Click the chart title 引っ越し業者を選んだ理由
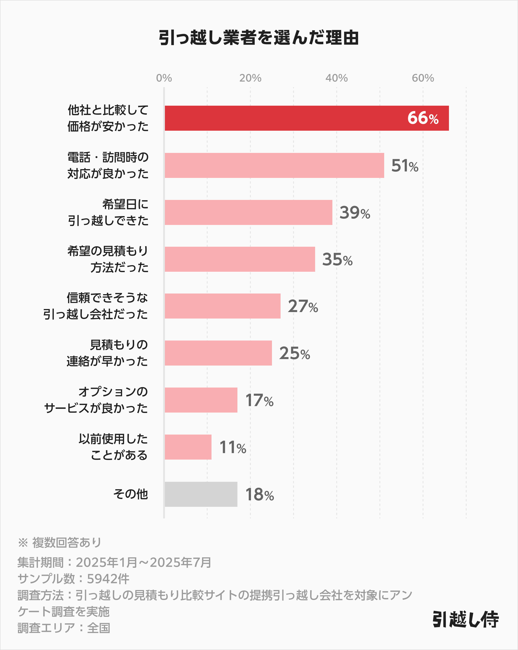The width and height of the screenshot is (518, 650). click(x=259, y=38)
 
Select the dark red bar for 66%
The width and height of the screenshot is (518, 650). click(x=287, y=118)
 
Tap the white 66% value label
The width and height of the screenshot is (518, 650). click(x=423, y=118)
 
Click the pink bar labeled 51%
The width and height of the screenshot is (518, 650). click(x=274, y=165)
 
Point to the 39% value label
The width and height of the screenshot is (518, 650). click(x=354, y=213)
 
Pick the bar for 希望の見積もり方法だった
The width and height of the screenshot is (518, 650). click(x=240, y=259)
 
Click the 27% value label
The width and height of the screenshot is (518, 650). click(x=303, y=306)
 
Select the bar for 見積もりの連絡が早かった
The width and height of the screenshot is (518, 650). click(x=218, y=353)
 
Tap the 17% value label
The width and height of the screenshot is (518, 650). click(x=259, y=400)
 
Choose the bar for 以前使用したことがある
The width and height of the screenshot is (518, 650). click(x=188, y=447)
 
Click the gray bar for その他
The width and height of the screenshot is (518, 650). click(x=201, y=494)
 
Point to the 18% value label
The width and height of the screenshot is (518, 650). click(x=259, y=495)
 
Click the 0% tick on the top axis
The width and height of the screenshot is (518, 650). click(x=164, y=78)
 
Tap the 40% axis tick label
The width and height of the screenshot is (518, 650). click(x=336, y=78)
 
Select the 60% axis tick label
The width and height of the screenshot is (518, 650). click(x=423, y=78)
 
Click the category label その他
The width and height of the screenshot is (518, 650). click(x=130, y=494)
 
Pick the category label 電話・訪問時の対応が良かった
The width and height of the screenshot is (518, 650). click(x=108, y=165)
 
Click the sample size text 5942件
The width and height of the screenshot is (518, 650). click(x=108, y=579)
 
